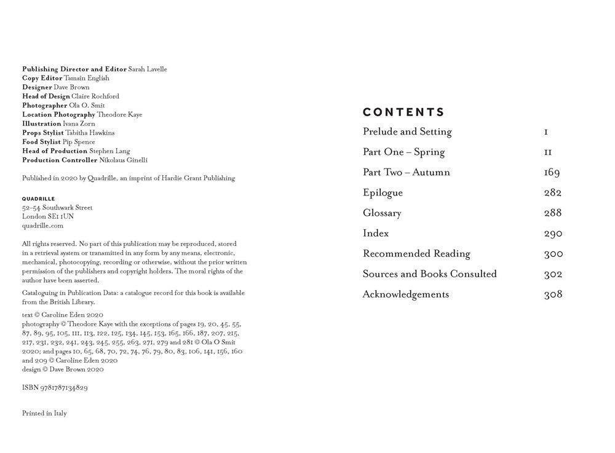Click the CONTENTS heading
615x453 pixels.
pos(403,112)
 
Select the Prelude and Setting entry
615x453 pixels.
pos(407,132)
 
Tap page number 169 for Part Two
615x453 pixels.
pos(552,172)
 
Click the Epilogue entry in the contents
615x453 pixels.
pos(383,192)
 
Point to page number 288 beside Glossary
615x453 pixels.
pos(553,213)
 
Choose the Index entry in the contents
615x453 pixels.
pos(376,233)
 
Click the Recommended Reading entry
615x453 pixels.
pos(416,253)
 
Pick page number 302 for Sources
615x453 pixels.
pos(553,274)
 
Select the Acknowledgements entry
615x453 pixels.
pos(406,294)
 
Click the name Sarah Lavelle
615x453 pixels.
pos(148,69)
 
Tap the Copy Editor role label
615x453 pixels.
pos(42,79)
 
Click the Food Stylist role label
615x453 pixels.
pos(41,142)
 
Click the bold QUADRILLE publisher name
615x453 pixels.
pos(38,199)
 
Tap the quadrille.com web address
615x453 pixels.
pos(42,226)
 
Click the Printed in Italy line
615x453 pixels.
pos(44,413)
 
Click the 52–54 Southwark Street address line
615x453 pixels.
pos(57,208)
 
